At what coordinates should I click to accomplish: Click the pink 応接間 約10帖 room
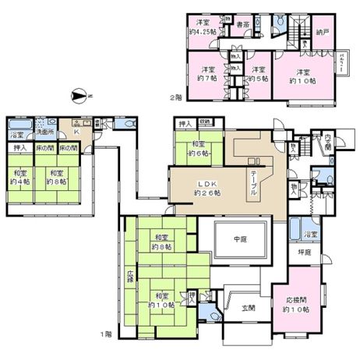297,303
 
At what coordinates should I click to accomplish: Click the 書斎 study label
242,24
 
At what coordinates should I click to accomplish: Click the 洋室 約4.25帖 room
206,26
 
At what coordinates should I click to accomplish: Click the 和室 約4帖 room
21,178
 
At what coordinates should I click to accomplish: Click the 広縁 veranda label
130,277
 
